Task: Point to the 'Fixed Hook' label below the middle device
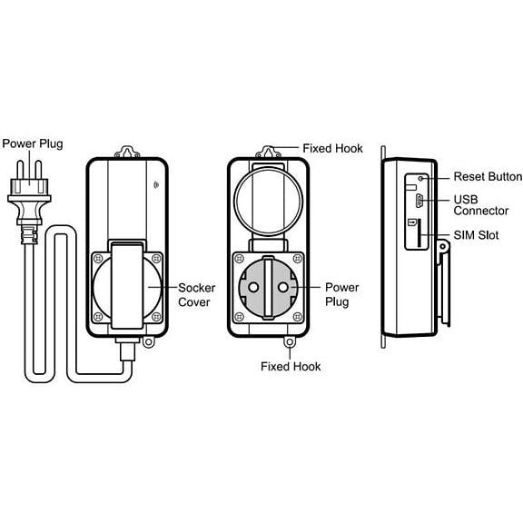(x=291, y=367)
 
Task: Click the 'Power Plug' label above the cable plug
(x=33, y=143)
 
